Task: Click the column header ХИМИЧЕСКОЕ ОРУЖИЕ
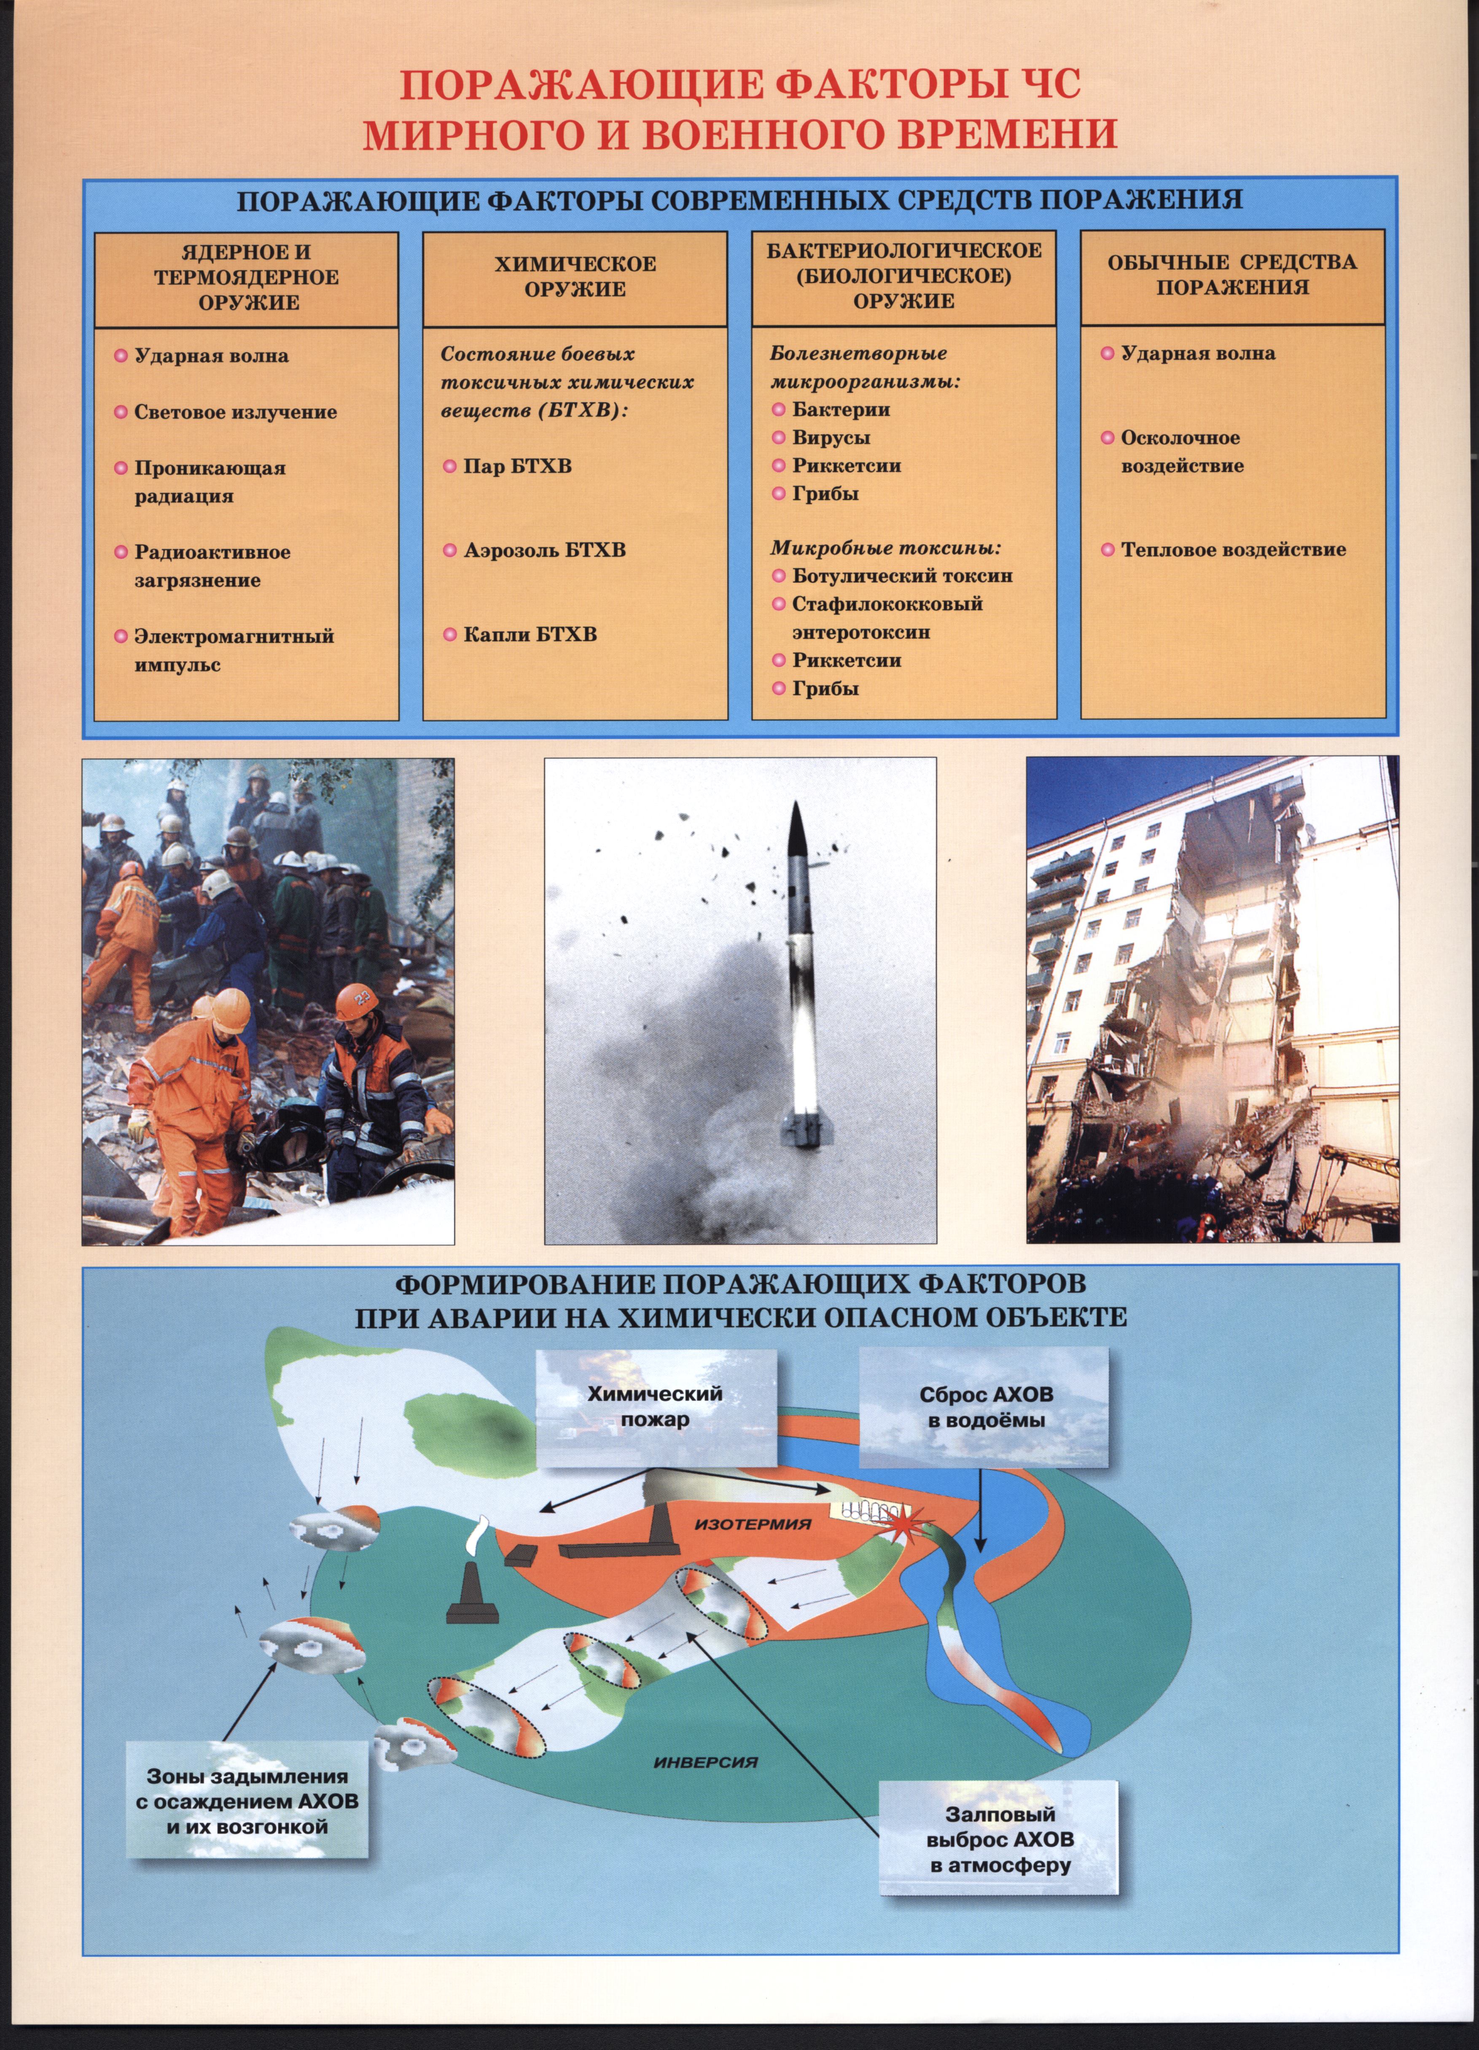[x=575, y=276]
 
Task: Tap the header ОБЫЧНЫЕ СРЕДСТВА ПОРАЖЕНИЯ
[x=1232, y=275]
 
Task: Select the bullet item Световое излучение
[x=235, y=412]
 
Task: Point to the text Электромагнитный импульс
[x=233, y=650]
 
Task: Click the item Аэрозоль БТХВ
[x=544, y=550]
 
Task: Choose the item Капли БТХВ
[x=530, y=635]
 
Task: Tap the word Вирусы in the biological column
[x=831, y=437]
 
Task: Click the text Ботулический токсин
[x=901, y=576]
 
